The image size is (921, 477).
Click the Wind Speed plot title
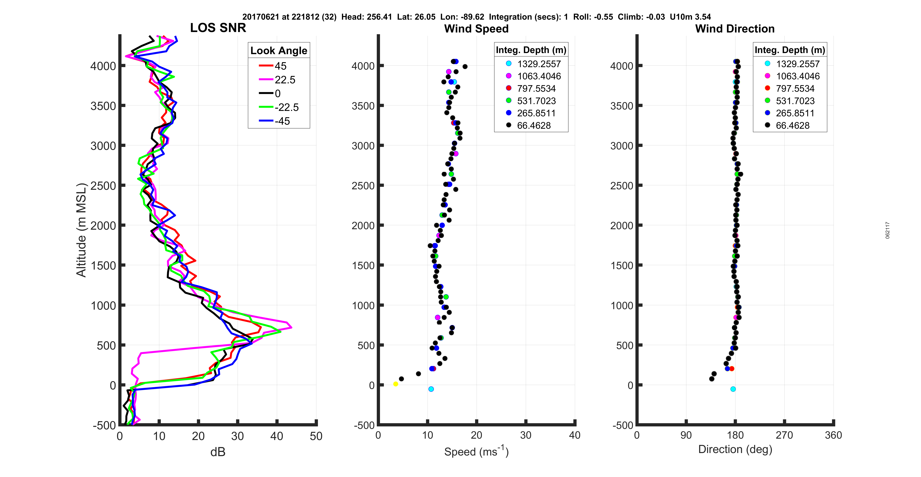[476, 29]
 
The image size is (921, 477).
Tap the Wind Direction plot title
[735, 29]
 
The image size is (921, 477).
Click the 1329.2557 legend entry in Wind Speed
[539, 64]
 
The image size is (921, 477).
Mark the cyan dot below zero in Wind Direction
[733, 389]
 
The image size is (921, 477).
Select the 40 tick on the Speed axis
[575, 435]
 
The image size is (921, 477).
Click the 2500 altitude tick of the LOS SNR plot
[103, 186]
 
